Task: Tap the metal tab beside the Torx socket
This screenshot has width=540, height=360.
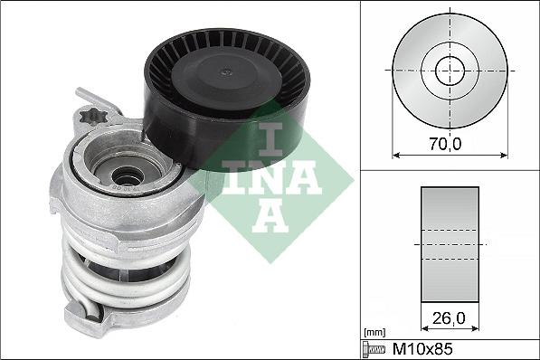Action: point(90,98)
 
